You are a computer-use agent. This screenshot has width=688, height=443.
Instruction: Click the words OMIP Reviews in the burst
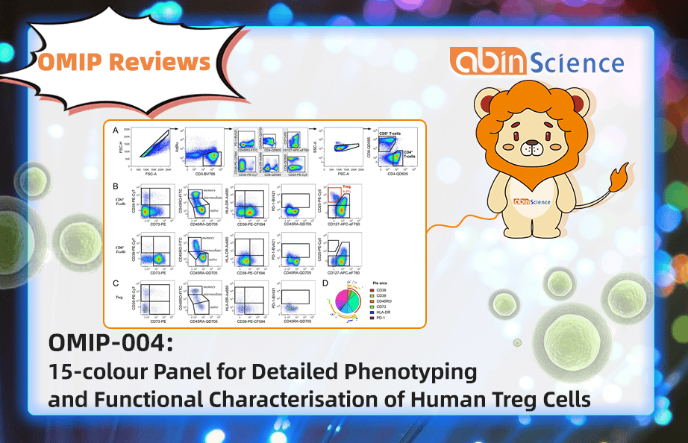coord(123,63)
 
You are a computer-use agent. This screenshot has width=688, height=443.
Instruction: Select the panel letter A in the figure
coord(115,131)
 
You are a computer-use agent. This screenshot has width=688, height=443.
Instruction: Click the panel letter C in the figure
coord(115,283)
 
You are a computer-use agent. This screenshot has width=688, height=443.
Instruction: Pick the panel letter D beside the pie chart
coord(324,283)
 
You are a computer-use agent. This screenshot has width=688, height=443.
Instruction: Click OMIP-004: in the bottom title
coord(110,343)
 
